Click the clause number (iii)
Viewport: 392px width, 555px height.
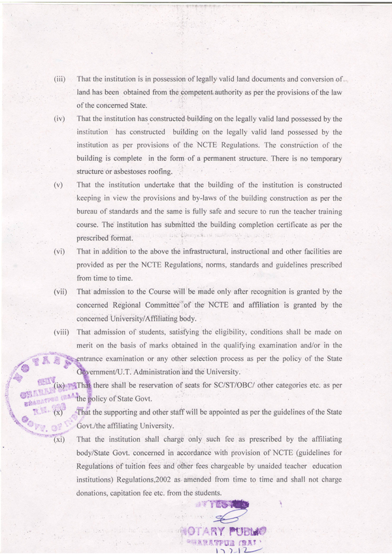[59, 79]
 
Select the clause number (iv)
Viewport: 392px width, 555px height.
[59, 119]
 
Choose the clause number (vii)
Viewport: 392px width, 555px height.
[60, 291]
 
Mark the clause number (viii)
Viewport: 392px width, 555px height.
[61, 331]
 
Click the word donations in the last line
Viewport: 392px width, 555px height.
[95, 492]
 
